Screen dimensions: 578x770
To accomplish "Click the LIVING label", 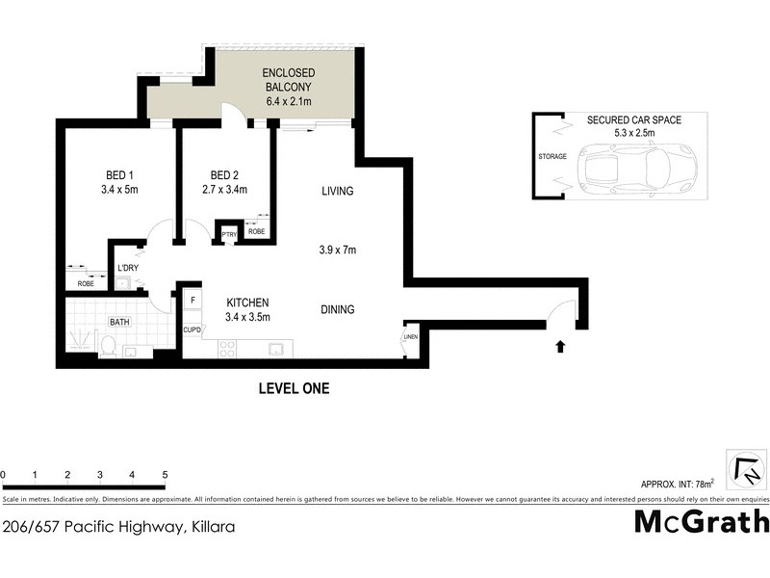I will click(x=337, y=191).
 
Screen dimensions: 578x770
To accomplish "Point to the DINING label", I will click(x=337, y=309).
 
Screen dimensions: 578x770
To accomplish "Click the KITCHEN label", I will click(x=247, y=302).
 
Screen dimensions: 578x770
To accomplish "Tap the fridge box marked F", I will click(x=192, y=301).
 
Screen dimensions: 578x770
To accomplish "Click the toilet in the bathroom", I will click(x=109, y=345).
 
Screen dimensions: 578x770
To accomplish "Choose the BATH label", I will click(x=119, y=322).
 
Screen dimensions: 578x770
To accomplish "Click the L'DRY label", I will click(x=126, y=269).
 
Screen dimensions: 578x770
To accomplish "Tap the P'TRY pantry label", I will click(x=229, y=234).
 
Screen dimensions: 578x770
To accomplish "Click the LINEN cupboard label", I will click(x=411, y=337).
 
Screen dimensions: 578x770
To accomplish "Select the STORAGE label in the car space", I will click(x=552, y=156).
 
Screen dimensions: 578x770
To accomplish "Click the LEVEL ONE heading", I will click(x=294, y=389).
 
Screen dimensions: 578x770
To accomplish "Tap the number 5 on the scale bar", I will click(x=166, y=475).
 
